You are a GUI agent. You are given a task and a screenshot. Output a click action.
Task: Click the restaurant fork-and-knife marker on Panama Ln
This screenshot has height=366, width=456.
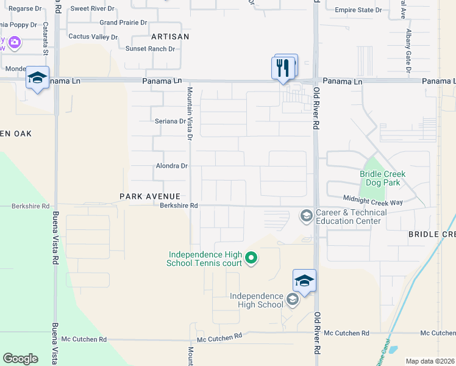click(282, 67)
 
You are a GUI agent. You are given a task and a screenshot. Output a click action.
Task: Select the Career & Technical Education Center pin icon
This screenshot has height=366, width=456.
click(305, 216)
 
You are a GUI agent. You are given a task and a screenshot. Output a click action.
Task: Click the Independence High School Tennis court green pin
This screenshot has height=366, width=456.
click(251, 259)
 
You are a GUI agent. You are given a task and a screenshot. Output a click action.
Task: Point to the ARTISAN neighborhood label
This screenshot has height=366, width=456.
click(170, 37)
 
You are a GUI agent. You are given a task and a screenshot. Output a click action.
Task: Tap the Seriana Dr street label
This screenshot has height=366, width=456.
click(170, 121)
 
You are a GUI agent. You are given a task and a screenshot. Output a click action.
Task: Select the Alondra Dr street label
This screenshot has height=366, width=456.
click(171, 166)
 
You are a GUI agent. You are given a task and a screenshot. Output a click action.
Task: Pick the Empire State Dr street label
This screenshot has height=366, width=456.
click(358, 10)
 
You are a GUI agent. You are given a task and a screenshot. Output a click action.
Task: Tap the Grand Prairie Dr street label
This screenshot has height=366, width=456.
click(124, 23)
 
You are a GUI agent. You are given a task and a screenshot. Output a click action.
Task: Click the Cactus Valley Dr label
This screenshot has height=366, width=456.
click(93, 37)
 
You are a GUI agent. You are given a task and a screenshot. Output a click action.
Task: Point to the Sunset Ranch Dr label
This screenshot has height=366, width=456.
click(150, 49)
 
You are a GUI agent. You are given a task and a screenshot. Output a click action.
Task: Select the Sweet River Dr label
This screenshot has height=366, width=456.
click(92, 9)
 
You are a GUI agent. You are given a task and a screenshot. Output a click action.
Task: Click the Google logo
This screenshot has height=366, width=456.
click(20, 359)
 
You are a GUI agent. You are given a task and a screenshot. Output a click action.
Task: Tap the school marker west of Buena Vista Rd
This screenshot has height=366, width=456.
click(37, 78)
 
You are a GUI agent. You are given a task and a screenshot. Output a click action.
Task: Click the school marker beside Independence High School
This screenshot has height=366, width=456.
click(304, 281)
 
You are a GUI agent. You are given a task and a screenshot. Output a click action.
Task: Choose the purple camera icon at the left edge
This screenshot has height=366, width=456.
click(13, 43)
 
